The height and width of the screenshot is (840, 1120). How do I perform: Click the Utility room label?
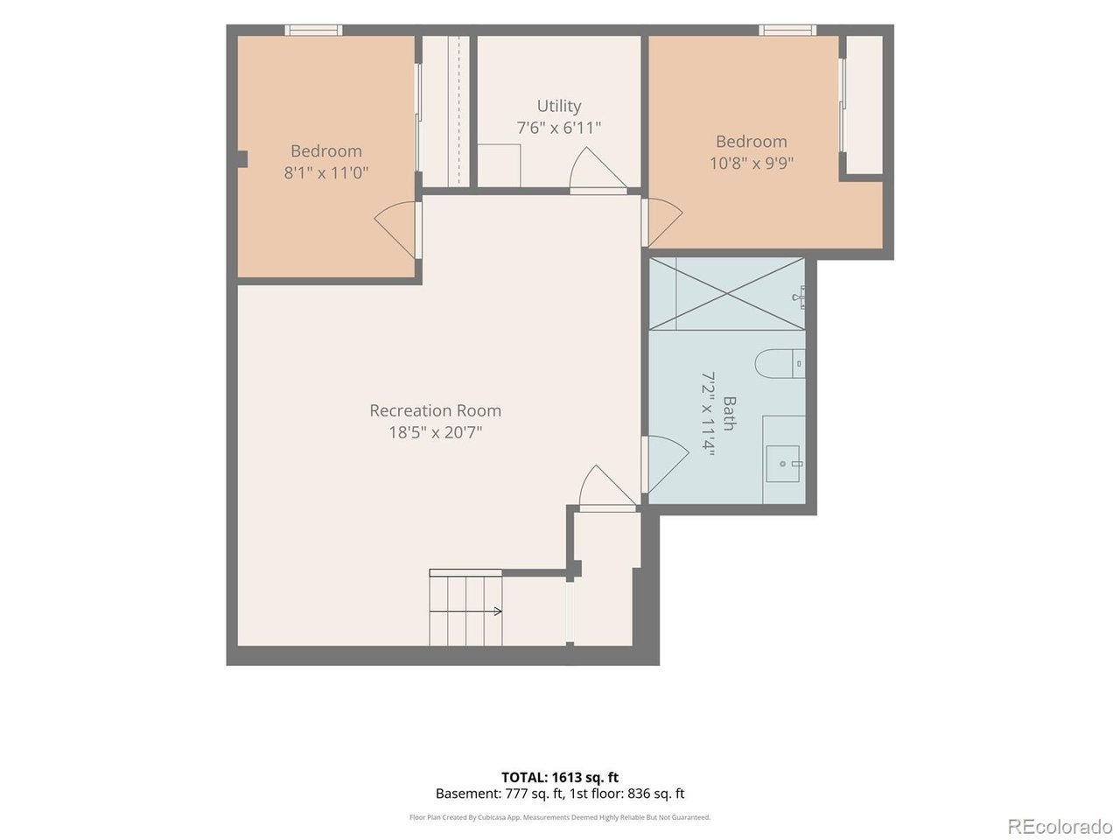point(559,106)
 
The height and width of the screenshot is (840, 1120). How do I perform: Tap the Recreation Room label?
point(435,410)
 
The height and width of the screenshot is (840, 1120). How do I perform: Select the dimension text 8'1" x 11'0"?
point(326,173)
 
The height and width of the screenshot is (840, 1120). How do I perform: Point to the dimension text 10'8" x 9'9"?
point(752,164)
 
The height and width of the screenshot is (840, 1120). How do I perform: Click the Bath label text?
point(730,414)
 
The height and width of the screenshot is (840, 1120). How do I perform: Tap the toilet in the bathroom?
point(780,364)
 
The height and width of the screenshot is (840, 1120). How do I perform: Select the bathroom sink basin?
point(783,464)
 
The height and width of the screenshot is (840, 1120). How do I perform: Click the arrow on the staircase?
point(465,611)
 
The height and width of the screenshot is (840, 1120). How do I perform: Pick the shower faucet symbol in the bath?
point(799,297)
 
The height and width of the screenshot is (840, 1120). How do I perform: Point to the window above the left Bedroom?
point(313,30)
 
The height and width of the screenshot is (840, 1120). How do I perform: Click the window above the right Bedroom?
point(787,30)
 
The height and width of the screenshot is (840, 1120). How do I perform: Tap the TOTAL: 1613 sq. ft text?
point(560,777)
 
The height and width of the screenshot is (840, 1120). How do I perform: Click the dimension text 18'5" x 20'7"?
point(435,433)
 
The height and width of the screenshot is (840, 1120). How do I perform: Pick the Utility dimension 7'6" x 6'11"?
point(559,128)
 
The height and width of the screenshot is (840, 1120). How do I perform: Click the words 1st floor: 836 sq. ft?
point(627,793)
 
